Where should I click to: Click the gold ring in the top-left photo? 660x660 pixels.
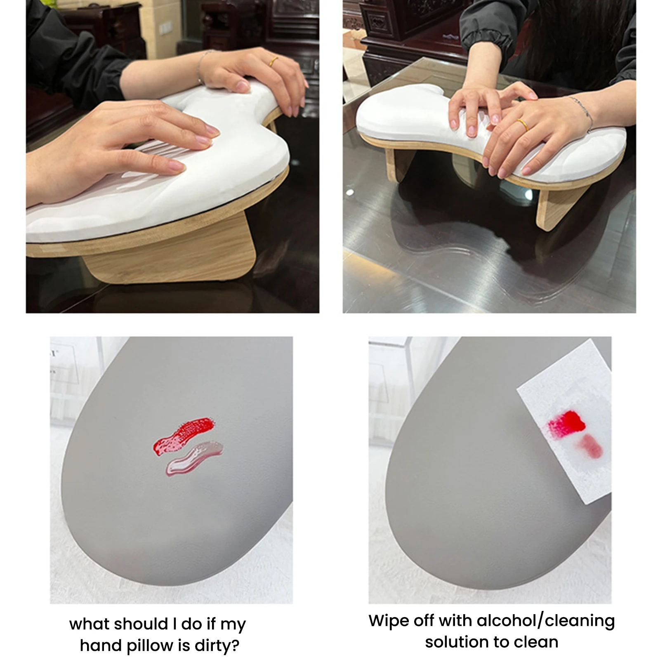pos(273,62)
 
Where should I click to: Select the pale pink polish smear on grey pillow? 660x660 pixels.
pos(194,458)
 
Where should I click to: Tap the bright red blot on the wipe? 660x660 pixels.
pos(566,422)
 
